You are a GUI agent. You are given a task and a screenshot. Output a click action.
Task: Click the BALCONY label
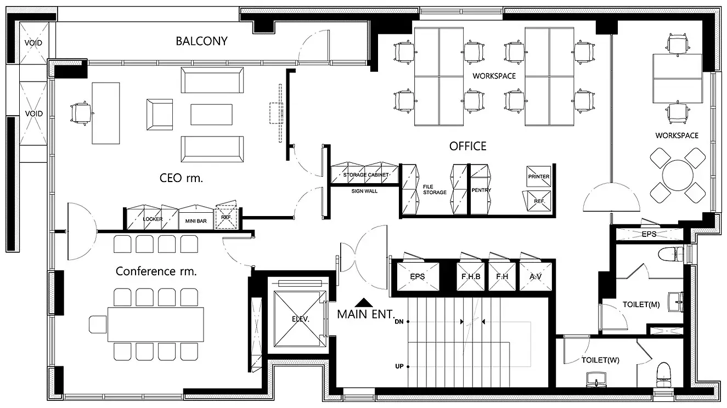click(x=201, y=41)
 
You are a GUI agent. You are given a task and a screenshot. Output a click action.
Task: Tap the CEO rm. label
click(x=181, y=178)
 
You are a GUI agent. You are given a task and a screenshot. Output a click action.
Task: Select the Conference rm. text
click(x=156, y=271)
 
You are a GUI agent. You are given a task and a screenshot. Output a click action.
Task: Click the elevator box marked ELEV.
click(x=300, y=319)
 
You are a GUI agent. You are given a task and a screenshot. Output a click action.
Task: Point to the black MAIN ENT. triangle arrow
click(x=364, y=303)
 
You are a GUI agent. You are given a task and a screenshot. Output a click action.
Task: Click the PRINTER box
click(x=539, y=176)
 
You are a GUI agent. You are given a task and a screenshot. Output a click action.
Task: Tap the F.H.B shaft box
click(x=471, y=276)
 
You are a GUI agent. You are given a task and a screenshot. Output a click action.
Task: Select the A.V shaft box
click(x=536, y=276)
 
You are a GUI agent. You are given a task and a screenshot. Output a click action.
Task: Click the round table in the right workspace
click(x=678, y=175)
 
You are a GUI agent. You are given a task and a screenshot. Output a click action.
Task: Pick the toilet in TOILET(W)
click(x=663, y=376)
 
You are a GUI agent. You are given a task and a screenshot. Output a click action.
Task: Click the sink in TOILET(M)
click(x=676, y=302)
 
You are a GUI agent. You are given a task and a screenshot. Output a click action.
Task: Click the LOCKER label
click(x=153, y=219)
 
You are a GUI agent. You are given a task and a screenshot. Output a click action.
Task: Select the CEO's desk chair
click(x=81, y=113)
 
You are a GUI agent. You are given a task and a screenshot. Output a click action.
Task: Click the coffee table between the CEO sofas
click(x=211, y=115)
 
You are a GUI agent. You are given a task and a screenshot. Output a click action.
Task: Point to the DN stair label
click(x=399, y=322)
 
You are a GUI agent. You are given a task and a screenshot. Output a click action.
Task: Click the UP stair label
click(x=399, y=366)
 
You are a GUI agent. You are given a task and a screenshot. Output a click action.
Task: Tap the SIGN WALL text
click(x=364, y=191)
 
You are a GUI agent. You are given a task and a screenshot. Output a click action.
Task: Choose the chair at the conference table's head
click(x=98, y=324)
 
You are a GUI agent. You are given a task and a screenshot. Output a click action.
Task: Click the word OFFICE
click(x=467, y=146)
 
